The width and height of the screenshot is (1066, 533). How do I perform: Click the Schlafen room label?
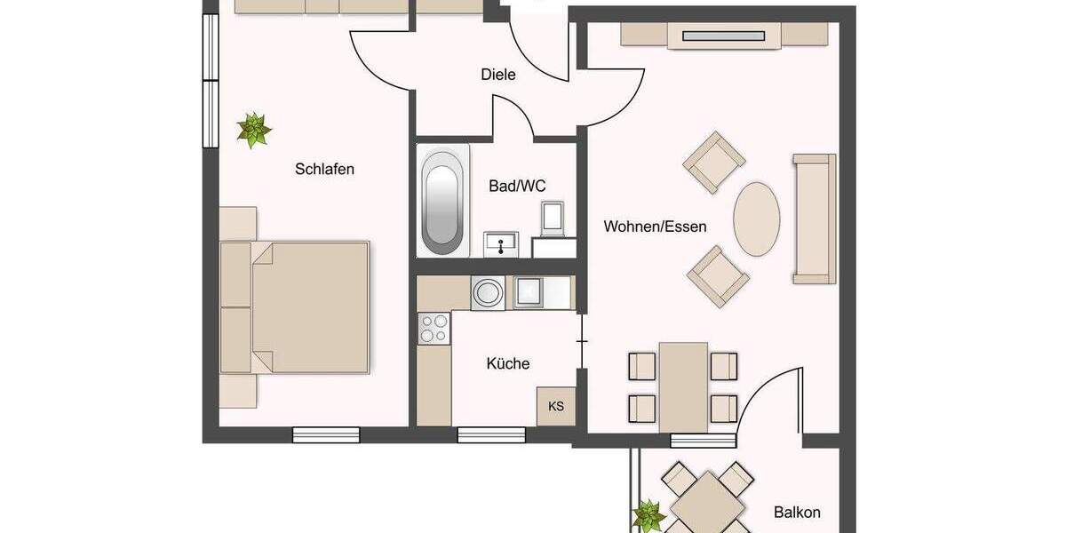tap(325, 169)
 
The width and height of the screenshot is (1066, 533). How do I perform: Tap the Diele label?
tap(497, 75)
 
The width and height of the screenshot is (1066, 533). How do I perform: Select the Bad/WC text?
tap(517, 187)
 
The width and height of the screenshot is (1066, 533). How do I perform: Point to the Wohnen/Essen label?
tap(656, 227)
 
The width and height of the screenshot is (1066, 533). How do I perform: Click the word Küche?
tap(507, 363)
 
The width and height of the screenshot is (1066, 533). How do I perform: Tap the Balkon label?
tap(797, 512)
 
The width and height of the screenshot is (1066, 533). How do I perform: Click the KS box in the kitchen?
tap(556, 407)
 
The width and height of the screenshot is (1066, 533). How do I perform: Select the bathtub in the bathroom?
tap(442, 201)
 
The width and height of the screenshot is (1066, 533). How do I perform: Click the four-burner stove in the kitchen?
tap(434, 328)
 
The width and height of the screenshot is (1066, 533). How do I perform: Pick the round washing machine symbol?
tap(487, 291)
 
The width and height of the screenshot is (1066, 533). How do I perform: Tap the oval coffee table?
tap(757, 219)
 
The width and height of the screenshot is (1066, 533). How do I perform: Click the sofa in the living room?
tap(814, 219)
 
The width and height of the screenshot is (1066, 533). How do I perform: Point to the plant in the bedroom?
tap(254, 130)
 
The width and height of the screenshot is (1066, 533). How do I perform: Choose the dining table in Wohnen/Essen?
tap(683, 387)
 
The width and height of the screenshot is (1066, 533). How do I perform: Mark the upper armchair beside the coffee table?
tap(714, 163)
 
